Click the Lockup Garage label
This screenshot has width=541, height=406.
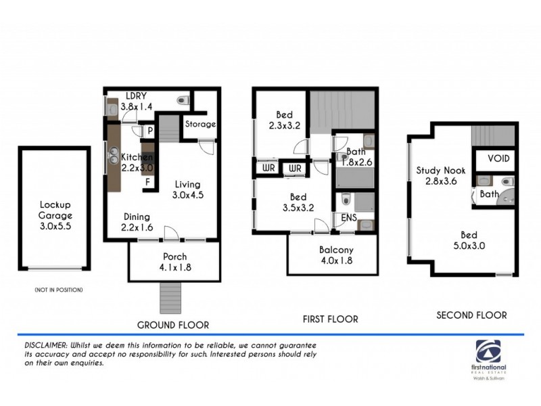click(x=55, y=210)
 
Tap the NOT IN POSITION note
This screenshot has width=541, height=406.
click(x=58, y=290)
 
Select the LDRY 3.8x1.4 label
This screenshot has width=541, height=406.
click(x=137, y=101)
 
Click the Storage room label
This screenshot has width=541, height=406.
click(x=200, y=125)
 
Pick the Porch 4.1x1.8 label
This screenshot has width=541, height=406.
click(x=174, y=262)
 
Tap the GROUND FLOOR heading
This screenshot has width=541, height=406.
click(x=173, y=324)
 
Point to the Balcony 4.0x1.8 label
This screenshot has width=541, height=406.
click(x=336, y=255)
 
